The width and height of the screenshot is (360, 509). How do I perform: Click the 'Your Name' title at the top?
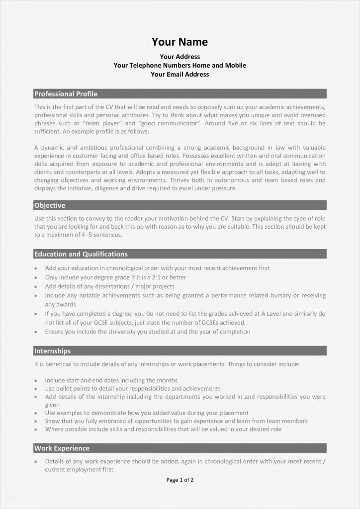[x=180, y=42]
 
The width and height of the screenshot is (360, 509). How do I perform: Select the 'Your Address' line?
[x=180, y=57]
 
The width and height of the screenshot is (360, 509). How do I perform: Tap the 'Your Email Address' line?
[x=180, y=75]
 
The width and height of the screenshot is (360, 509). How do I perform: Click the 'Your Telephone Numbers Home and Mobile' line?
[x=180, y=66]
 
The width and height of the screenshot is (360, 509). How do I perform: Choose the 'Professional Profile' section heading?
[x=66, y=94]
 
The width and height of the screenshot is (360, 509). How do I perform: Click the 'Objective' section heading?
[x=50, y=205]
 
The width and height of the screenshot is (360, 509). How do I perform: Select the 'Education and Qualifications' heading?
[x=81, y=254]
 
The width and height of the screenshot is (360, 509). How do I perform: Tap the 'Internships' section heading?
[x=52, y=351]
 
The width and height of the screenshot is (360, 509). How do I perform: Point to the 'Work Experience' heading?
[x=62, y=448]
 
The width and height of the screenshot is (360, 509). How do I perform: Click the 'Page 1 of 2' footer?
[x=180, y=480]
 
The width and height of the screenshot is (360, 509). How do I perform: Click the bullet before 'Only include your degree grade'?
[x=36, y=278]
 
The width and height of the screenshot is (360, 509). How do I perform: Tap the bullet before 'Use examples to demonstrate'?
[x=36, y=413]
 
